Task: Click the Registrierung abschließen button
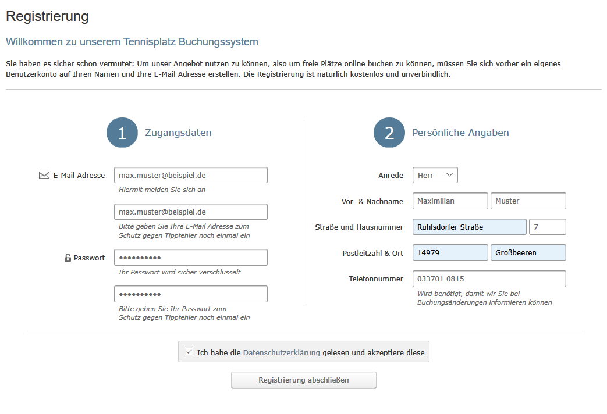pos(303,380)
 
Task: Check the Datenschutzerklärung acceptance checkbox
pos(189,351)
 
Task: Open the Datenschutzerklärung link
pos(281,352)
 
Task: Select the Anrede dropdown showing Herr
pos(435,175)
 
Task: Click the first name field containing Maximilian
pos(450,201)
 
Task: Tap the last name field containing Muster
pos(528,201)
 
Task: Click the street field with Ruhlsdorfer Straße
pos(469,227)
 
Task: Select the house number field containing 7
pos(547,227)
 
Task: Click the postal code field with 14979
pos(450,253)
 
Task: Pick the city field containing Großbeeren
pos(528,253)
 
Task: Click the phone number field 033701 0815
pos(489,279)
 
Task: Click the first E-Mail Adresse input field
pos(190,175)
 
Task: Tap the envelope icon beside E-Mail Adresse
pos(44,175)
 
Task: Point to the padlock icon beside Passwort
pos(68,258)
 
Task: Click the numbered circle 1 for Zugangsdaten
pos(122,133)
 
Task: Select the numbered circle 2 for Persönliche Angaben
pos(389,133)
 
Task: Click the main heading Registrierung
pos(47,16)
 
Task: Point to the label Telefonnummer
pos(376,279)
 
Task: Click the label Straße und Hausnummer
pos(359,227)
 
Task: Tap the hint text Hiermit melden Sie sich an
pos(162,190)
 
